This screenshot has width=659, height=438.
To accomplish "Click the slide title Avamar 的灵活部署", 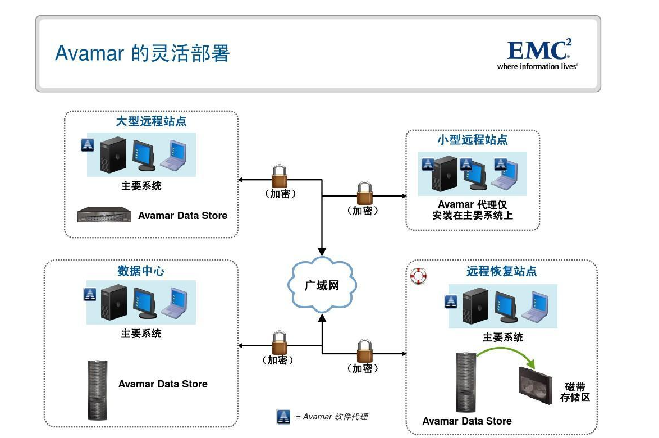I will pos(143,53).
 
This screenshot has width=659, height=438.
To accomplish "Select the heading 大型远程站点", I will pos(151,121).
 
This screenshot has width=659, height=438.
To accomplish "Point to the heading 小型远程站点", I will pos(473,140).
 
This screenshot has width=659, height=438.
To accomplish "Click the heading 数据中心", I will pos(141,271).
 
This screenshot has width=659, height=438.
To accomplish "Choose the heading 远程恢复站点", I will pos(501,271).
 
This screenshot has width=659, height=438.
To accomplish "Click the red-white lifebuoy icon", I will pos(419,276).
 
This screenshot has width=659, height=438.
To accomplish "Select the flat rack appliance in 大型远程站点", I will pos(104,215).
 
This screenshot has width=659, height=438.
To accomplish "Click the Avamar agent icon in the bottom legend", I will pos(283,417).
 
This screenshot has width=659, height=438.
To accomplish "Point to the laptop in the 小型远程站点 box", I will pos(504,174).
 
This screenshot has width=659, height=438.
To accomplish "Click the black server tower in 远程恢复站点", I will pos(475,305).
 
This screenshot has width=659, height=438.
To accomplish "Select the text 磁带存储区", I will pos(575,392).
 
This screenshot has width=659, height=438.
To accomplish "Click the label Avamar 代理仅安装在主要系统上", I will pos(472,209).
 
